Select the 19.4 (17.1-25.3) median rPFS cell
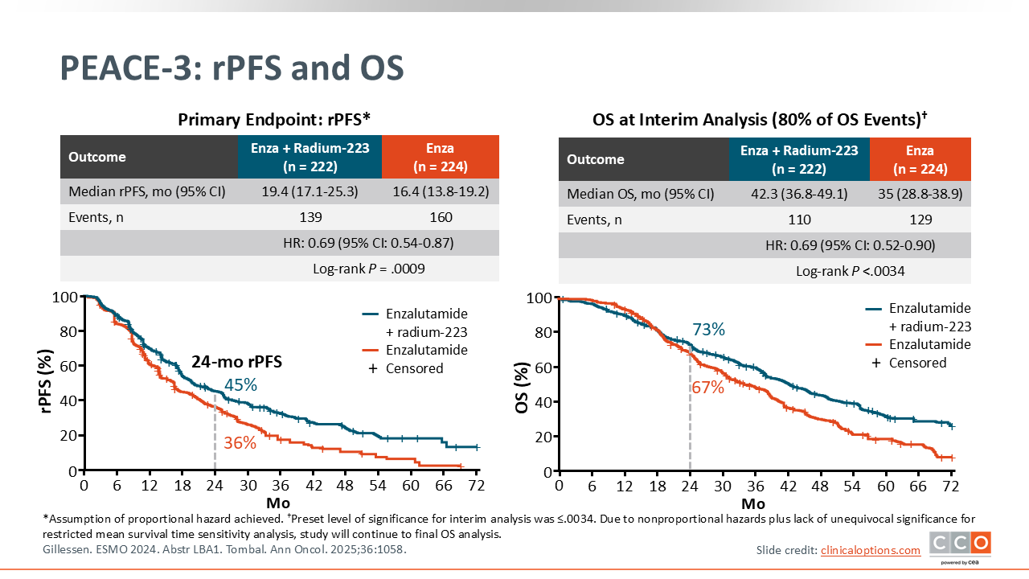[310, 191]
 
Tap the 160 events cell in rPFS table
[441, 217]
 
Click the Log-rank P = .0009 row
[368, 269]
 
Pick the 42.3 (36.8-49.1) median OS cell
[799, 194]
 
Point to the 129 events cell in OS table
[920, 220]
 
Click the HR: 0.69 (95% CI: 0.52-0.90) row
[851, 245]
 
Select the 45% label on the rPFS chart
[240, 385]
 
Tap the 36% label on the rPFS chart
[240, 443]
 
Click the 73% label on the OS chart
[708, 330]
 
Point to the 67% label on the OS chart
[707, 388]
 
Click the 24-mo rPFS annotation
[236, 362]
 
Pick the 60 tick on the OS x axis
[885, 487]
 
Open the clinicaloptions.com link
[871, 550]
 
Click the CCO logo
[960, 545]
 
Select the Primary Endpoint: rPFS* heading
[274, 121]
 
